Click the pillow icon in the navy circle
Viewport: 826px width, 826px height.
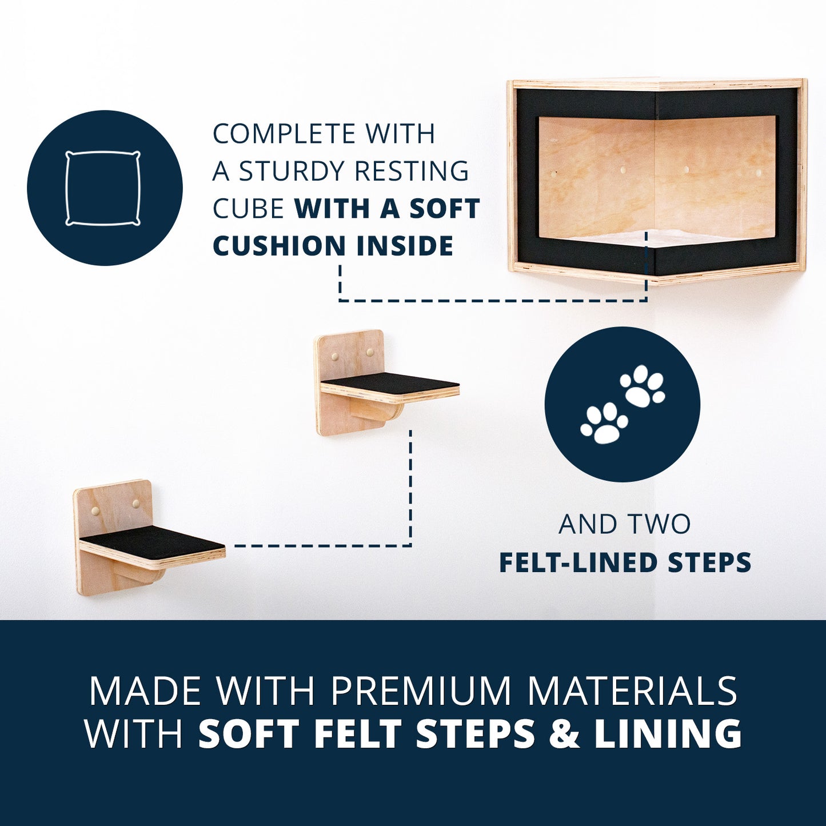pos(103,187)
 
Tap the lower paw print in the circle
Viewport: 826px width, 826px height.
pos(603,422)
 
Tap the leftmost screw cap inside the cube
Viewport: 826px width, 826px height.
pos(554,174)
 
